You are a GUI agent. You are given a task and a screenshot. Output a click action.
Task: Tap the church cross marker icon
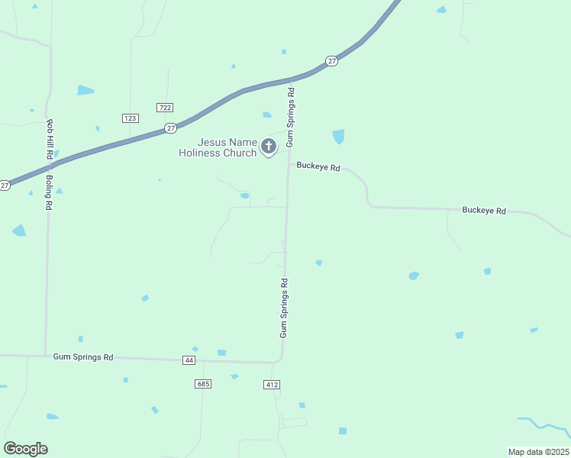pos(268,146)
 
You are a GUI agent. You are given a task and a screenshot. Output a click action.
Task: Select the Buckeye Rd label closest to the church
pos(318,166)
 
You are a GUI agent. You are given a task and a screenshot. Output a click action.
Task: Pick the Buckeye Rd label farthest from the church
pos(484,210)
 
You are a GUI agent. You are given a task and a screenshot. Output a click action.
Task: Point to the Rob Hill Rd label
pos(50,138)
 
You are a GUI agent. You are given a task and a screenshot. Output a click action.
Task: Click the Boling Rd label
pos(48,192)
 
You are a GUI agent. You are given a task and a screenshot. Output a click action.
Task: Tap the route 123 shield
pos(130,118)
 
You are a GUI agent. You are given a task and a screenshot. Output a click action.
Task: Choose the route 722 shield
pos(163,107)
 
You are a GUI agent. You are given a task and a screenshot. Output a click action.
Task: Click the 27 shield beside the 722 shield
pos(170,128)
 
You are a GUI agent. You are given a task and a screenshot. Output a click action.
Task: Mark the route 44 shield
pos(189,360)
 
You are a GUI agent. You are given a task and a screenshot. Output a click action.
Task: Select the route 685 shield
pos(203,384)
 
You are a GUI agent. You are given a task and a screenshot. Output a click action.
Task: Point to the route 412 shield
pos(272,384)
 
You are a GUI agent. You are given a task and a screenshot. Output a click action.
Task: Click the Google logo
pos(25,449)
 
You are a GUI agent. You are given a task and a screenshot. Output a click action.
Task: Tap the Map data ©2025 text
pos(538,452)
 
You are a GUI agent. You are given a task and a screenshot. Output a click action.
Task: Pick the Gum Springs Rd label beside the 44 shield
pos(83,356)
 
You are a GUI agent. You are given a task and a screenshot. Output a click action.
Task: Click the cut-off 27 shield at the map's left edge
pos(5,185)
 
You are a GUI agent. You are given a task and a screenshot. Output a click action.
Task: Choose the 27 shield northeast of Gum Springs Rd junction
pos(331,60)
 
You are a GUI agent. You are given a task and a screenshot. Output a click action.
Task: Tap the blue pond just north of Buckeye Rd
pos(338,137)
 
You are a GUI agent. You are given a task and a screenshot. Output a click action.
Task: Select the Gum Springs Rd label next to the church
pos(290,117)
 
